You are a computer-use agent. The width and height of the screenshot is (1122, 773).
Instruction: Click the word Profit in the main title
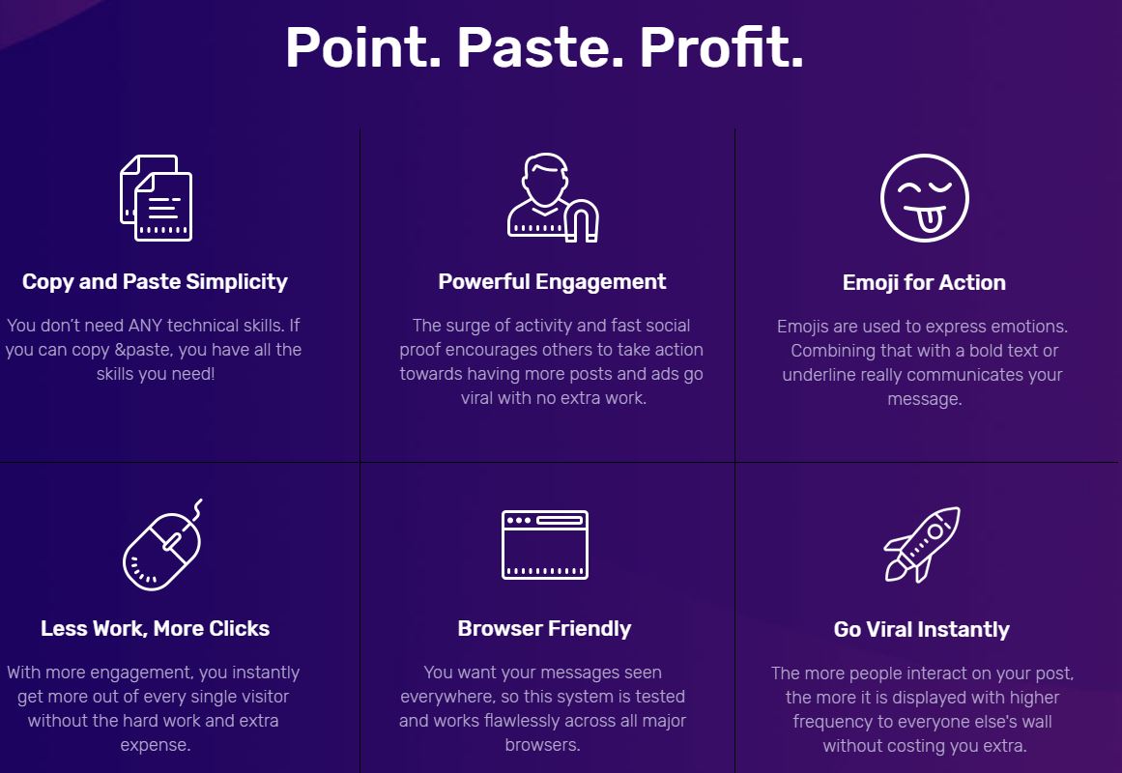721,47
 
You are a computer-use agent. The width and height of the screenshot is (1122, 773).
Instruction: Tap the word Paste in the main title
539,47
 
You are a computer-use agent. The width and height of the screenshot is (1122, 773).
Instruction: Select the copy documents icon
156,198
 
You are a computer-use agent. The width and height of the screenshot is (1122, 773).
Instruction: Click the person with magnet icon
553,197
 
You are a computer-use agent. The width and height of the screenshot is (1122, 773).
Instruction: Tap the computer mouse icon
162,545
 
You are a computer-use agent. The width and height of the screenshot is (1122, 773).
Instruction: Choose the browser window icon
544,545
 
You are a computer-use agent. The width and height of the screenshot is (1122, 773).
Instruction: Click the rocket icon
922,545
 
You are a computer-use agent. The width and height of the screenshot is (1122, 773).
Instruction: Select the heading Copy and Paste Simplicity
155,282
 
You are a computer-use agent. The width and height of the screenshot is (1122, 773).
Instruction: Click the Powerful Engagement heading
552,282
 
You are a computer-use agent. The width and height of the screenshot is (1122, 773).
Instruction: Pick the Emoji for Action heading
924,283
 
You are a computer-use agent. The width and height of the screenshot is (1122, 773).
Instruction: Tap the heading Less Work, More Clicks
156,628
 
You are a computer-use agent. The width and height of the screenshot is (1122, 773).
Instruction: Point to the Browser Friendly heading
544,628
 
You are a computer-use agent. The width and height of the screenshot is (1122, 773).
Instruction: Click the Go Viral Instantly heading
922,629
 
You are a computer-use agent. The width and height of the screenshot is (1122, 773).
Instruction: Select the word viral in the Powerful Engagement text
476,398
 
